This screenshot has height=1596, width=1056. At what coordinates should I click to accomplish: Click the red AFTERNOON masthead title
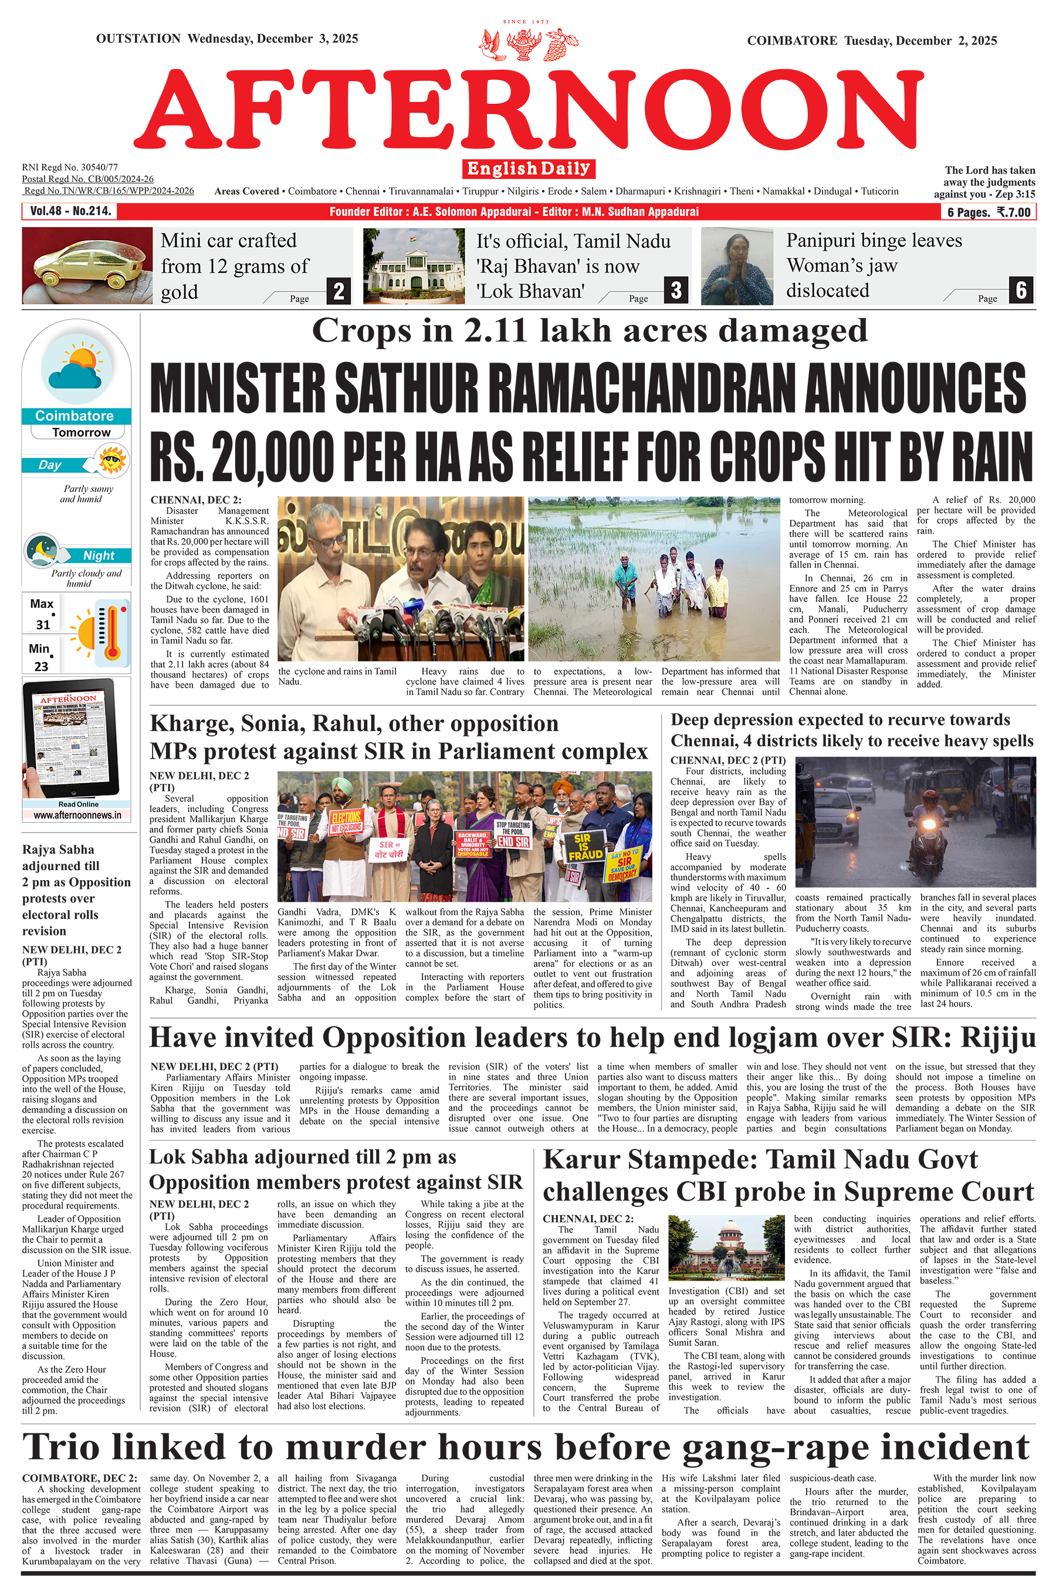coord(529,109)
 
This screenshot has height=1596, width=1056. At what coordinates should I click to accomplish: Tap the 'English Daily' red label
coord(529,168)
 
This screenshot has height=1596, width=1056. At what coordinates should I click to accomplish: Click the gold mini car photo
coord(87,265)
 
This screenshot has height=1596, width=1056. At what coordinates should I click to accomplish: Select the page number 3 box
coord(675,290)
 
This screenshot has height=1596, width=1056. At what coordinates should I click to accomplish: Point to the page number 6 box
coord(1021,290)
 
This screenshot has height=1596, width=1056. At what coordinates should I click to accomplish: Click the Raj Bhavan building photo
coord(414,266)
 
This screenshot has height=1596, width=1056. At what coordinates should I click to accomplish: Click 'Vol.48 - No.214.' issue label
coord(70,211)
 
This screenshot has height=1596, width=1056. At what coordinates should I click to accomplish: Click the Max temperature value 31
coord(43,624)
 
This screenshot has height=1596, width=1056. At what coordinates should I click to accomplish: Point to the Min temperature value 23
coord(41,666)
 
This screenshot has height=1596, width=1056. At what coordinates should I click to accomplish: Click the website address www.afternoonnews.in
coord(77,815)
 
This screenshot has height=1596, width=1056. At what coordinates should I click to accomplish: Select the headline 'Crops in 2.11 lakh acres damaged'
coord(589,332)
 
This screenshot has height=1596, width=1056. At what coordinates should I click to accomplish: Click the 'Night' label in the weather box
coord(99,556)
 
